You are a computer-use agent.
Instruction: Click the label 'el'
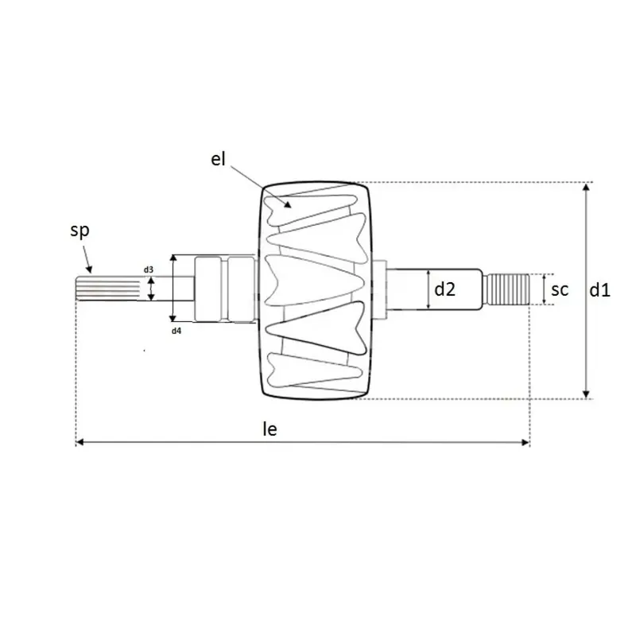pyautogui.click(x=218, y=159)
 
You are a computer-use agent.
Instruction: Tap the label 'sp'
pyautogui.click(x=79, y=231)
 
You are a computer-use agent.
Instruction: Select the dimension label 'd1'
pyautogui.click(x=599, y=290)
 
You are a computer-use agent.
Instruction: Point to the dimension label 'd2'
pyautogui.click(x=445, y=289)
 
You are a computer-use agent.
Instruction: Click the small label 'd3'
pyautogui.click(x=149, y=270)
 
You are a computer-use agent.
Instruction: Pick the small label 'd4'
pyautogui.click(x=176, y=331)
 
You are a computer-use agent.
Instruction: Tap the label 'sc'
pyautogui.click(x=560, y=289)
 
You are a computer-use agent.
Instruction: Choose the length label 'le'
pyautogui.click(x=270, y=429)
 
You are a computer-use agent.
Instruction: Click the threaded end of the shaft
pyautogui.click(x=508, y=289)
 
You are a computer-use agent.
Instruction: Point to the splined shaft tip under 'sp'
pyautogui.click(x=108, y=289)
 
